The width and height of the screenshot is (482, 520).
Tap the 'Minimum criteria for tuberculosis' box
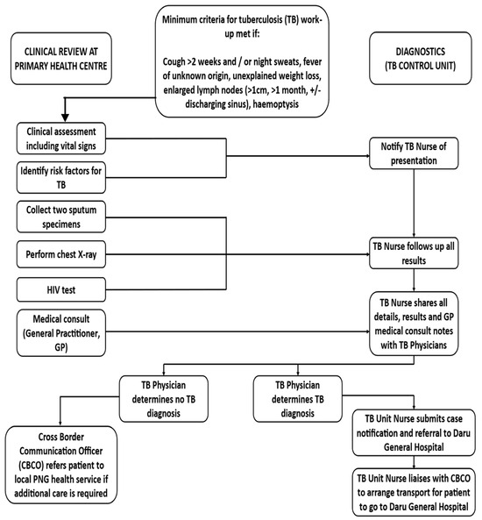coord(242,61)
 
